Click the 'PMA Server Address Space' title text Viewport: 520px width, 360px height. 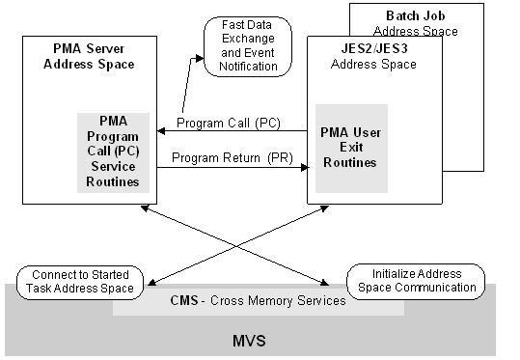click(x=94, y=56)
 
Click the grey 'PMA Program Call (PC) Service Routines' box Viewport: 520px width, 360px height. click(x=112, y=152)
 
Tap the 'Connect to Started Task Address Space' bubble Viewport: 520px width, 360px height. click(x=81, y=281)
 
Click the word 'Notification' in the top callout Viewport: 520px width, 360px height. click(x=242, y=67)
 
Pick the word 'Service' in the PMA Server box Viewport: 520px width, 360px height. click(x=112, y=166)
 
